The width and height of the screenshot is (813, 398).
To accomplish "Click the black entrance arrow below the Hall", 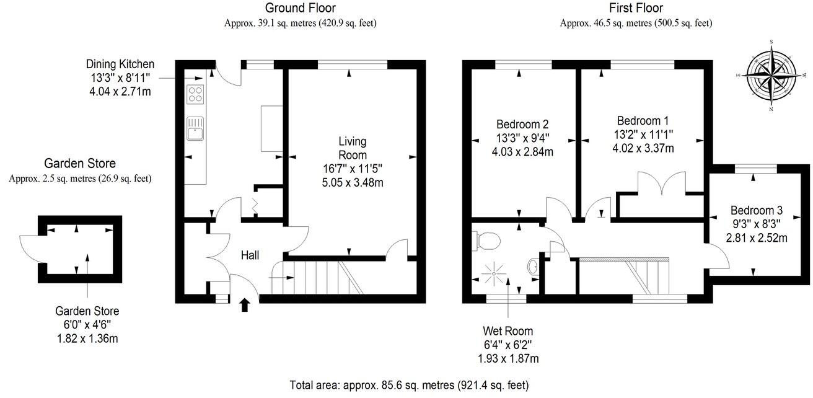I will pyautogui.click(x=245, y=304).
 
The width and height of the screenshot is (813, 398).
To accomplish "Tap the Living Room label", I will pyautogui.click(x=352, y=148).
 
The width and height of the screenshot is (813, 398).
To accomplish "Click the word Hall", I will pyautogui.click(x=250, y=255).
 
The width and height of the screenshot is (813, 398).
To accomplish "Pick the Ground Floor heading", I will pyautogui.click(x=301, y=8).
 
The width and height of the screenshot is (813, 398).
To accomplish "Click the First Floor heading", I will pyautogui.click(x=636, y=8).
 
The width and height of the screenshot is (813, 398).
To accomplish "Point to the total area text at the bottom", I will pyautogui.click(x=410, y=384).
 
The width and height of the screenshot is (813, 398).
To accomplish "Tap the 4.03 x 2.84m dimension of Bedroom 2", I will pyautogui.click(x=522, y=151).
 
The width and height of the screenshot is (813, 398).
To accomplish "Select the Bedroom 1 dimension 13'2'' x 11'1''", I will pyautogui.click(x=643, y=134).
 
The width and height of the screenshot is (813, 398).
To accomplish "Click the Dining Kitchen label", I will pyautogui.click(x=120, y=64).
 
